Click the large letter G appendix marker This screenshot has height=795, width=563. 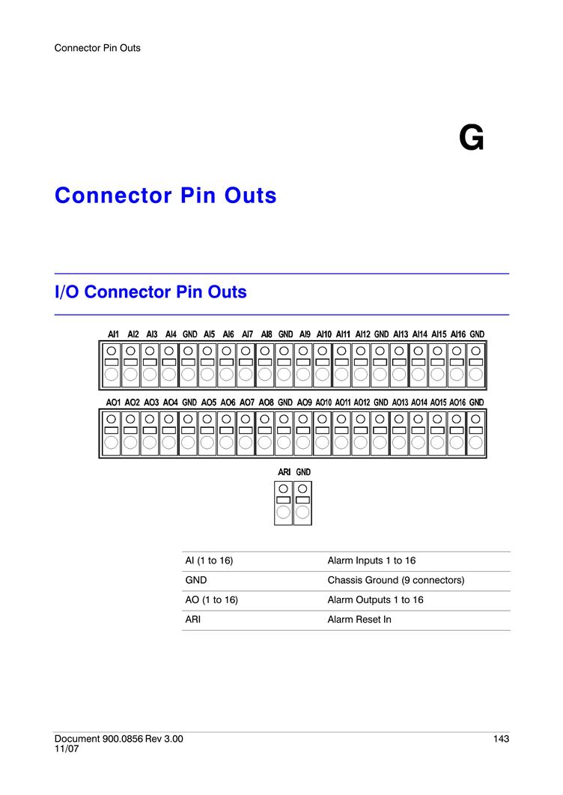pyautogui.click(x=471, y=138)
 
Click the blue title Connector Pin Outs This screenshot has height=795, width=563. pyautogui.click(x=165, y=196)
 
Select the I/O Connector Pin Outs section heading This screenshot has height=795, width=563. pyautogui.click(x=150, y=291)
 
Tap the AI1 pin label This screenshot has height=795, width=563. pyautogui.click(x=113, y=334)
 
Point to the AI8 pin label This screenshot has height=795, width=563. pyautogui.click(x=267, y=334)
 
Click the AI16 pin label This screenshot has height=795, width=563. pyautogui.click(x=458, y=334)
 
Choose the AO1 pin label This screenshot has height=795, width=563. pyautogui.click(x=113, y=402)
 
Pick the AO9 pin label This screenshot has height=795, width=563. pyautogui.click(x=305, y=402)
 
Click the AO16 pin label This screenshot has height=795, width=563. pyautogui.click(x=457, y=402)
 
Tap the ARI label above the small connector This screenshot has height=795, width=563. pyautogui.click(x=284, y=472)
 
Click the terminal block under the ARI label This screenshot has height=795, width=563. pyautogui.click(x=283, y=503)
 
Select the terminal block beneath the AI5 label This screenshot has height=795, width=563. pyautogui.click(x=207, y=365)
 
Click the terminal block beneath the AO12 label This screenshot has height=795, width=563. pyautogui.click(x=360, y=434)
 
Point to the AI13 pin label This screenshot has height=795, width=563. pyautogui.click(x=401, y=334)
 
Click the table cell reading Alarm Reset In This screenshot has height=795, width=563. pyautogui.click(x=359, y=620)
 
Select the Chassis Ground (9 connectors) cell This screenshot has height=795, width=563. pyautogui.click(x=396, y=580)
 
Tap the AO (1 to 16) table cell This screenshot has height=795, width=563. pyautogui.click(x=211, y=599)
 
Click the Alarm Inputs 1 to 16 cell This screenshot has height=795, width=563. pyautogui.click(x=371, y=560)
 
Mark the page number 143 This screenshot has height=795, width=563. pyautogui.click(x=501, y=739)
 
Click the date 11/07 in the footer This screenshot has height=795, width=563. pyautogui.click(x=67, y=749)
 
